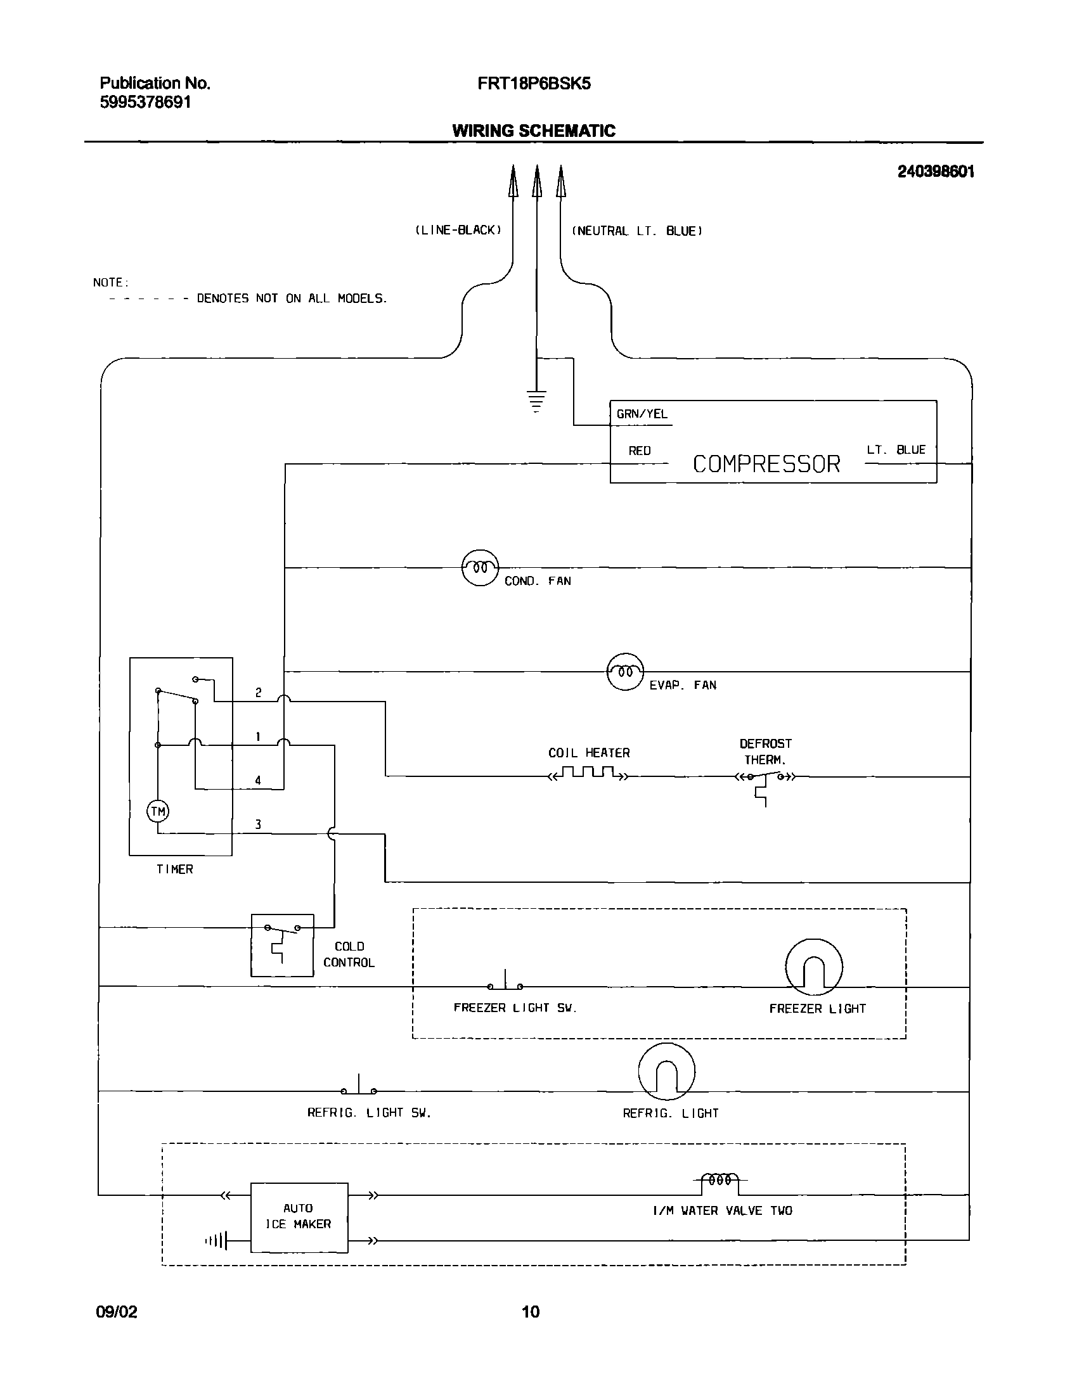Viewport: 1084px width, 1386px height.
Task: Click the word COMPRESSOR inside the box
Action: pyautogui.click(x=766, y=464)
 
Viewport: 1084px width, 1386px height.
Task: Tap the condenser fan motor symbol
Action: pyautogui.click(x=480, y=567)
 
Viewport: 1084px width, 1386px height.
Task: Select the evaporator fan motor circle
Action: pyautogui.click(x=625, y=671)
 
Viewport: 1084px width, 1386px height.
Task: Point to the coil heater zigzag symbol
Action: pyautogui.click(x=588, y=774)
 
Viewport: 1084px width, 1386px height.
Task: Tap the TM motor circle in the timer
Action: pyautogui.click(x=158, y=811)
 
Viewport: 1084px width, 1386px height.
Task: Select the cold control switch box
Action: pyautogui.click(x=283, y=945)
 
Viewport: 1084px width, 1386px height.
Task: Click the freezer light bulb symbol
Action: pyautogui.click(x=814, y=967)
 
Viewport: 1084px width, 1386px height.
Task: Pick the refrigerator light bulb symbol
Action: pyautogui.click(x=666, y=1072)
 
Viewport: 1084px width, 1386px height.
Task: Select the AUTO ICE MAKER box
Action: pyautogui.click(x=299, y=1217)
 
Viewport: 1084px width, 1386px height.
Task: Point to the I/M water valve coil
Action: pyautogui.click(x=720, y=1181)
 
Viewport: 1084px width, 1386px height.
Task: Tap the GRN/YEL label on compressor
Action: pyautogui.click(x=642, y=414)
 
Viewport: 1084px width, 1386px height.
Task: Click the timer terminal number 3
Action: pyautogui.click(x=257, y=825)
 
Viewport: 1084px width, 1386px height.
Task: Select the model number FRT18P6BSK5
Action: pyautogui.click(x=534, y=84)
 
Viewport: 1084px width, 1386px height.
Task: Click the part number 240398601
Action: pyautogui.click(x=935, y=171)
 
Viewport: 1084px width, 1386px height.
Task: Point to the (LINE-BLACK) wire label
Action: pyautogui.click(x=458, y=229)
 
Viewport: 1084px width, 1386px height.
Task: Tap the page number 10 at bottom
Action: pyautogui.click(x=531, y=1311)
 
